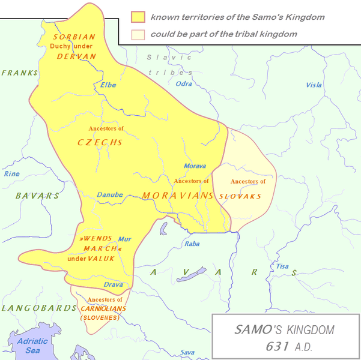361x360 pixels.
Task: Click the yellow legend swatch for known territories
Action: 138,17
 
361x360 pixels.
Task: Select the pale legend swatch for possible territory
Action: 138,34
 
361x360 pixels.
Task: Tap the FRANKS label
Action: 19,73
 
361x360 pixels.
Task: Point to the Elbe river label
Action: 108,85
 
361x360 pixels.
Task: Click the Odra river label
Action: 184,84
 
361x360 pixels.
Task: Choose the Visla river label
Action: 314,85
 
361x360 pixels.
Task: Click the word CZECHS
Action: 100,142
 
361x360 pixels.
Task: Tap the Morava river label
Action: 195,166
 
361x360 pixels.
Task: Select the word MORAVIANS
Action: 178,196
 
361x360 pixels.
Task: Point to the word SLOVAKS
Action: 240,196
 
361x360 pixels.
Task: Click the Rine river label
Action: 12,173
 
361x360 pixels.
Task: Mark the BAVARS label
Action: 37,196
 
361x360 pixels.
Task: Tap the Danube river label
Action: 110,194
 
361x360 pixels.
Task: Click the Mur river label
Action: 124,239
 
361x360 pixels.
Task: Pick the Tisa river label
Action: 282,266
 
